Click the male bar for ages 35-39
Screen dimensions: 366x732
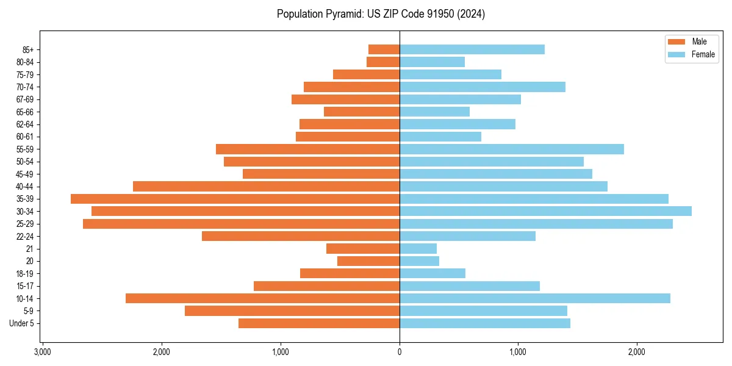pos(235,199)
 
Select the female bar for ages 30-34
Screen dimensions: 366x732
pos(545,211)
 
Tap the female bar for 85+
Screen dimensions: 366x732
pos(472,49)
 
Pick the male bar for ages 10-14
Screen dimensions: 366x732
pos(262,298)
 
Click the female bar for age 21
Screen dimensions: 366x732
pos(418,248)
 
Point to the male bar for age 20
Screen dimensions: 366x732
pos(368,261)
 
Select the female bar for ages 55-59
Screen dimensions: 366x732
pos(511,149)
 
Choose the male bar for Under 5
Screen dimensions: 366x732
pos(319,323)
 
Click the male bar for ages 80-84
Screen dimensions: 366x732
pos(383,62)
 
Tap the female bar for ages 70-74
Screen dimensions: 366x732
pos(482,87)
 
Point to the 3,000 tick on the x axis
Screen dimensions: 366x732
pos(43,352)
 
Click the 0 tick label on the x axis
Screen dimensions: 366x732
pos(400,352)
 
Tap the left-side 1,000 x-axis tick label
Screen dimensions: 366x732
pos(281,352)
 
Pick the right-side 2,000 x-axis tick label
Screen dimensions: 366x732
pos(637,352)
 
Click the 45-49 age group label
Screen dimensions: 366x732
pos(24,174)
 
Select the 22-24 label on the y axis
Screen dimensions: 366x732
pos(24,236)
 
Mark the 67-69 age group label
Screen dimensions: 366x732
pos(24,99)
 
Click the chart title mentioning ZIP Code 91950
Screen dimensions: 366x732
pos(381,14)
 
